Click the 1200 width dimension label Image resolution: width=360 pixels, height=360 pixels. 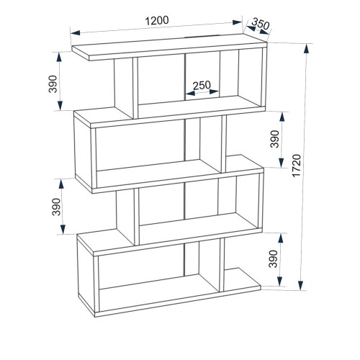[x=157, y=21]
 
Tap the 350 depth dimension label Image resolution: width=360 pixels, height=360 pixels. [x=261, y=24]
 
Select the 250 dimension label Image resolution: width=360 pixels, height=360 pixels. [x=202, y=85]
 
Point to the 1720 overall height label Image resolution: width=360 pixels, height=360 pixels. [x=297, y=166]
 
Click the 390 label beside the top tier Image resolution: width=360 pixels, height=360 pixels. [x=53, y=84]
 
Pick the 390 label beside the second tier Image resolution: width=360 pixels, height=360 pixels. [x=275, y=139]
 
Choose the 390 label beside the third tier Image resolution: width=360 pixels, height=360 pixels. [x=56, y=207]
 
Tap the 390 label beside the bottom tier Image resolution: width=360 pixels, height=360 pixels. [x=274, y=259]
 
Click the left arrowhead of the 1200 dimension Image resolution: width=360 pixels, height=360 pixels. [x=76, y=32]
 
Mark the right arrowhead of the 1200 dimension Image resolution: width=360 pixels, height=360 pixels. [x=237, y=22]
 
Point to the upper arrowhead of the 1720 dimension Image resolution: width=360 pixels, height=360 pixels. [x=306, y=49]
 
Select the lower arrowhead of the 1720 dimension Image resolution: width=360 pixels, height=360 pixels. [x=300, y=286]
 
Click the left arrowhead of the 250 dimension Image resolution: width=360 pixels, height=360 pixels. [x=190, y=93]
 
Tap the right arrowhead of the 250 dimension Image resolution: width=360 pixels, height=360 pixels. [x=214, y=91]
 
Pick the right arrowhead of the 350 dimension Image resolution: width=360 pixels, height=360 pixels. [x=264, y=31]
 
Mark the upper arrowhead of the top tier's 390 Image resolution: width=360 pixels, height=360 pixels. [x=59, y=57]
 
